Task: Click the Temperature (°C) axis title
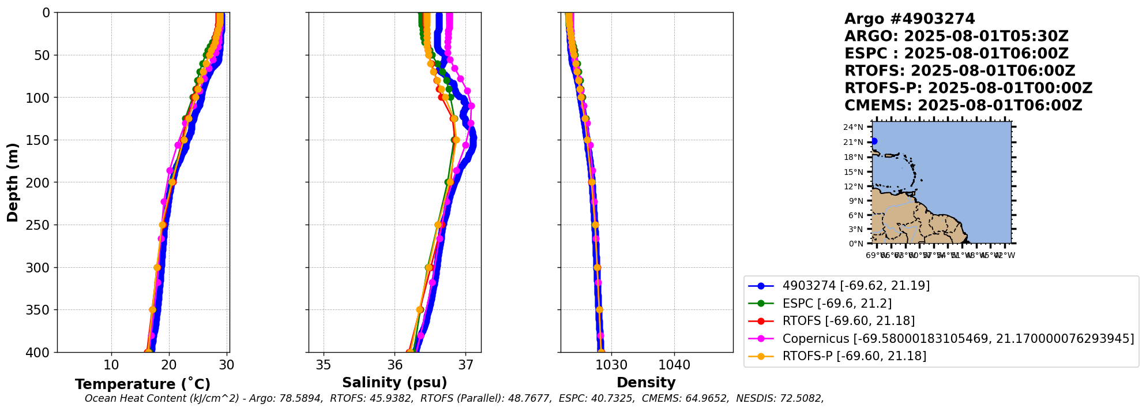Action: point(142,384)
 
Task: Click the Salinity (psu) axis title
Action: point(394,383)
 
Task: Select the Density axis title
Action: point(646,383)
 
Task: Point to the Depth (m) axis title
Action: point(13,182)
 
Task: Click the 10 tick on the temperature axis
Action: point(111,365)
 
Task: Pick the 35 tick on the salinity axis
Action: point(324,365)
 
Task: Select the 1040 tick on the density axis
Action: point(674,365)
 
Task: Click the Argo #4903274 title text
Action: point(910,19)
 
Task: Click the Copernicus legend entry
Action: point(958,339)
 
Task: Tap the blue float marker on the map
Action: point(874,141)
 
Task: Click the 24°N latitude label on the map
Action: point(853,128)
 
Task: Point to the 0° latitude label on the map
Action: point(856,244)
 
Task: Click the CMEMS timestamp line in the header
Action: point(963,106)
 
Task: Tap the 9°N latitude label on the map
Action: point(855,201)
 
